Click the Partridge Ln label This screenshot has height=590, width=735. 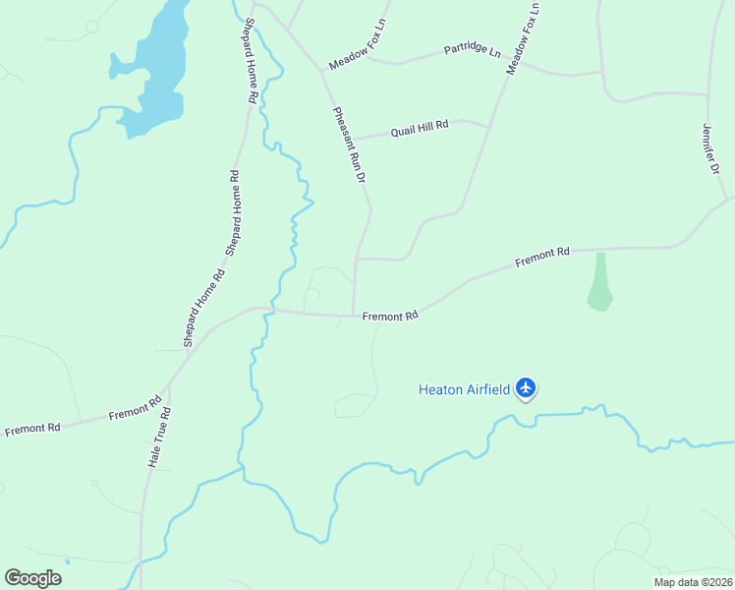(472, 48)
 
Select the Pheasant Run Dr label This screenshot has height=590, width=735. (349, 146)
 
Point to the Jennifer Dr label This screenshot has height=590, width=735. (713, 147)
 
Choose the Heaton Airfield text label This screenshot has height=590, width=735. (464, 389)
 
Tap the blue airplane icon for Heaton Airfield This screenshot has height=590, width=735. (527, 388)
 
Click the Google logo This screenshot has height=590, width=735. (32, 577)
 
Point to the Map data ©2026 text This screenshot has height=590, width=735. (693, 581)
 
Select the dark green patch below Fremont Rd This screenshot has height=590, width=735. (599, 283)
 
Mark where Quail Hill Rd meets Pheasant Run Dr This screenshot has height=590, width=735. (352, 139)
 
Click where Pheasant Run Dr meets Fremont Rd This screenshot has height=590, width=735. (354, 316)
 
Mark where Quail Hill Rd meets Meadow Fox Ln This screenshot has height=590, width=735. (489, 125)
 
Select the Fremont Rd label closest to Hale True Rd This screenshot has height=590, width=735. (136, 408)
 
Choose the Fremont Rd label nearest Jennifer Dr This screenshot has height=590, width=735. (542, 257)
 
